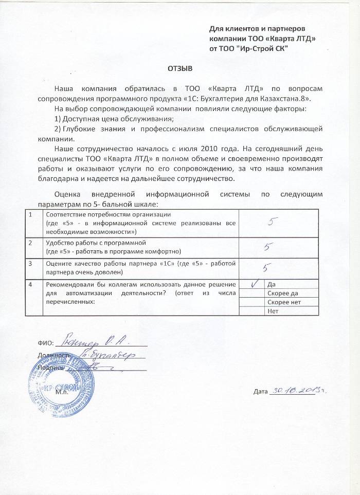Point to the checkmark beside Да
tap(254, 284)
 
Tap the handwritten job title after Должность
tap(106, 354)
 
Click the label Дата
tap(261, 393)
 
